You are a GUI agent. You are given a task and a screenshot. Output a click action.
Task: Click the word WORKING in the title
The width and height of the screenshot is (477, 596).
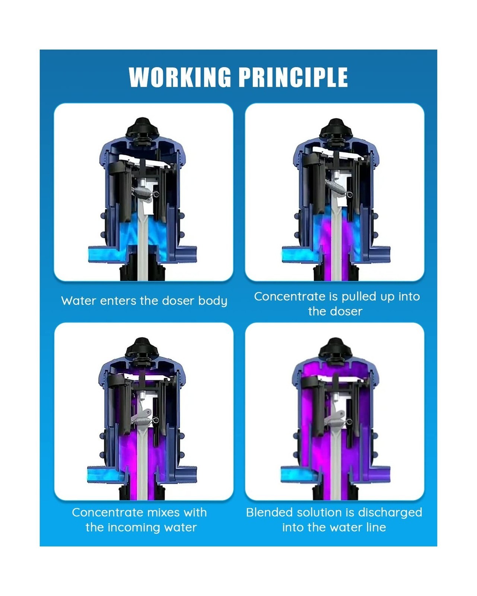point(180,77)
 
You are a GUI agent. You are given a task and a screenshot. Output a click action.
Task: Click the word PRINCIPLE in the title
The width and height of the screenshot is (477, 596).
point(293,77)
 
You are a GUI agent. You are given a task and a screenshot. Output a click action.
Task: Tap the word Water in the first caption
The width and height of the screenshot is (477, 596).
point(79,301)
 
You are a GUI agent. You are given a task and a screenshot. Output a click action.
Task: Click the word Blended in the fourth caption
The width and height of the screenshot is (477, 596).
point(269,512)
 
